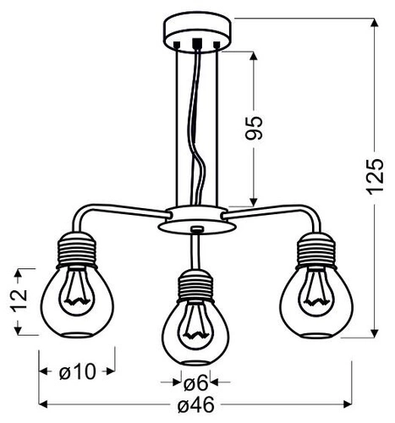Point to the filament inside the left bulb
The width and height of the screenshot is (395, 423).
tap(76, 289)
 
